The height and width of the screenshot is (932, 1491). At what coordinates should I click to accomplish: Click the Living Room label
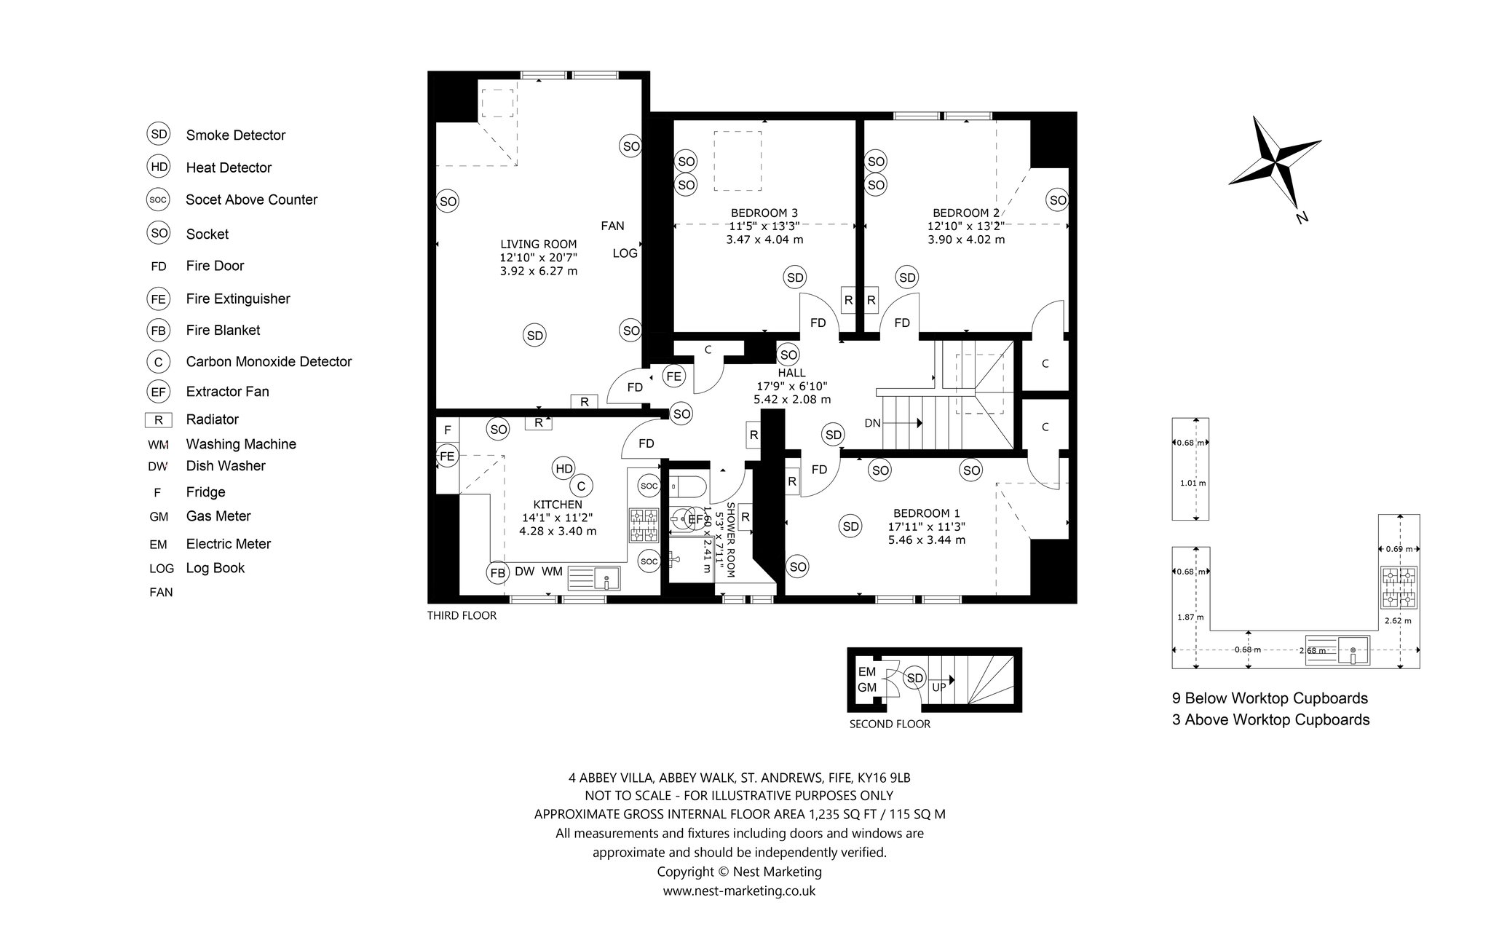[539, 245]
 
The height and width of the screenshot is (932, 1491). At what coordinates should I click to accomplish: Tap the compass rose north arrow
[1289, 192]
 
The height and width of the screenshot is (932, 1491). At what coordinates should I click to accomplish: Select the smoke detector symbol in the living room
[535, 336]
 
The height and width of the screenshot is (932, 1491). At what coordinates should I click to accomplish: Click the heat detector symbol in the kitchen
[564, 469]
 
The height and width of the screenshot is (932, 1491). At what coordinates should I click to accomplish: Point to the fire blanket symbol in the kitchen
[498, 572]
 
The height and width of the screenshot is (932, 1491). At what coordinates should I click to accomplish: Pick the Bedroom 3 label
[764, 213]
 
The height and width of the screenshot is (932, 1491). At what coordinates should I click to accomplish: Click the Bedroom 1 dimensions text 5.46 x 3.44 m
[927, 540]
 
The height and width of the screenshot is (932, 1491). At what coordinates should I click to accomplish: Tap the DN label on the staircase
[873, 423]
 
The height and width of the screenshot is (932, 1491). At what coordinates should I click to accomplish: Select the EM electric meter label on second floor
[866, 671]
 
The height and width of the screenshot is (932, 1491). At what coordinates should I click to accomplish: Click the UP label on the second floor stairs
[939, 687]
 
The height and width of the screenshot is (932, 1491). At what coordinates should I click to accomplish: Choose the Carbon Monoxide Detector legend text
[269, 361]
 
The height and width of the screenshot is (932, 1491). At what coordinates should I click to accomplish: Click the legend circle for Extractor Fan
[158, 392]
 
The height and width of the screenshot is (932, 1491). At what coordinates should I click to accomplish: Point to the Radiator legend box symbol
[158, 419]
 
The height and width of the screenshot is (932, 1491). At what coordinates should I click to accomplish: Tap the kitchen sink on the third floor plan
[593, 578]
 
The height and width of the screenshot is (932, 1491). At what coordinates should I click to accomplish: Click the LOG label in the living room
[625, 253]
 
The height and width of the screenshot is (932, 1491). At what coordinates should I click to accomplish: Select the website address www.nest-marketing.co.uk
[739, 890]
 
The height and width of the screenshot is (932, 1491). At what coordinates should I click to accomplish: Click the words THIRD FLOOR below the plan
[462, 615]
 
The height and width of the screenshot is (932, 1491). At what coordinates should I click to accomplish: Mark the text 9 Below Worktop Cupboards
[1270, 698]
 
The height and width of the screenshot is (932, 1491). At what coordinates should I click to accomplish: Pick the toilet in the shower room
[683, 484]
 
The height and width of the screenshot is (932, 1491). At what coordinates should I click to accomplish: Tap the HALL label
[792, 373]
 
